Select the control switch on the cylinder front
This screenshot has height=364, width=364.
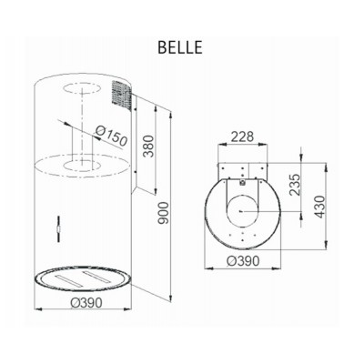57,224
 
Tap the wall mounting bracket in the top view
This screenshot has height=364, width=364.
243,172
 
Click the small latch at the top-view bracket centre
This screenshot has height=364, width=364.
243,180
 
